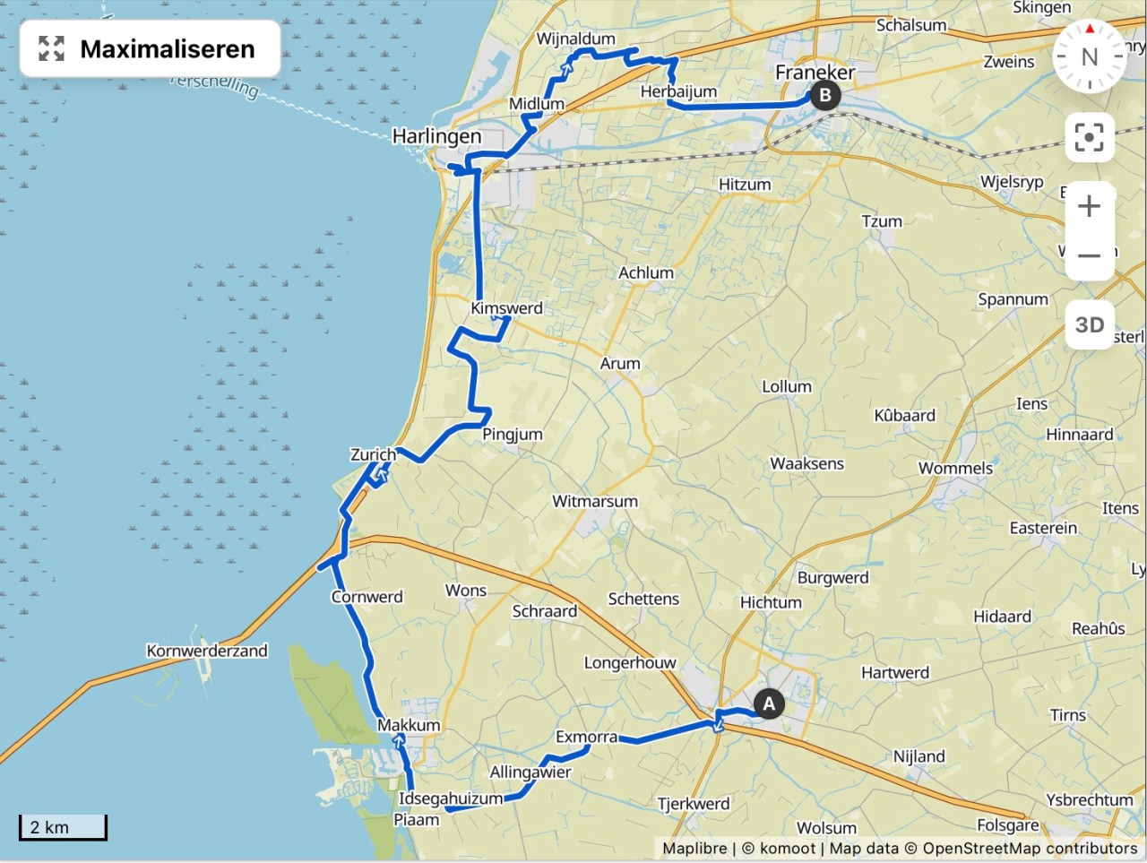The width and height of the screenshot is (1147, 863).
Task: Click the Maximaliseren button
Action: [x=150, y=48]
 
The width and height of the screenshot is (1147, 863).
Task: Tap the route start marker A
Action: [x=768, y=704]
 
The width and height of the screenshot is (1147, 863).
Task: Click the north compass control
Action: [x=1089, y=56]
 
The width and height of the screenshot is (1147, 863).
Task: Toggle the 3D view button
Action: [x=1089, y=324]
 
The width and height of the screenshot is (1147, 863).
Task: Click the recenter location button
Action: [x=1089, y=138]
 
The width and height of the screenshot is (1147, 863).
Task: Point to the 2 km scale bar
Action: [x=63, y=827]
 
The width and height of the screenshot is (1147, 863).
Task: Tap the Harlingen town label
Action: [x=437, y=137]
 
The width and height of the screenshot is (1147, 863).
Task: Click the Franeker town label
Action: [x=815, y=73]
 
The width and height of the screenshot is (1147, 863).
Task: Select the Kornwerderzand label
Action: [x=207, y=651]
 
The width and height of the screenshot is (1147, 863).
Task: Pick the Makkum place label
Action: [x=409, y=725]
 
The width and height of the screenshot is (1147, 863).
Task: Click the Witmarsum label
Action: [x=595, y=501]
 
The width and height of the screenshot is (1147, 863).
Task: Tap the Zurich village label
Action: [x=373, y=454]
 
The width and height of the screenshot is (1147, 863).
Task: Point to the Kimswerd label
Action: [x=506, y=308]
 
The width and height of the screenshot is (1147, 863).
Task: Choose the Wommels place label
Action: [x=955, y=468]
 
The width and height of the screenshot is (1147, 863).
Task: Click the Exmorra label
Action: [x=586, y=737]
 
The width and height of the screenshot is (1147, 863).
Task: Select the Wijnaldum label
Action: [x=575, y=39]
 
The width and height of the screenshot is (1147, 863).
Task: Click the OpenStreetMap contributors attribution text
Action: [x=1030, y=848]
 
